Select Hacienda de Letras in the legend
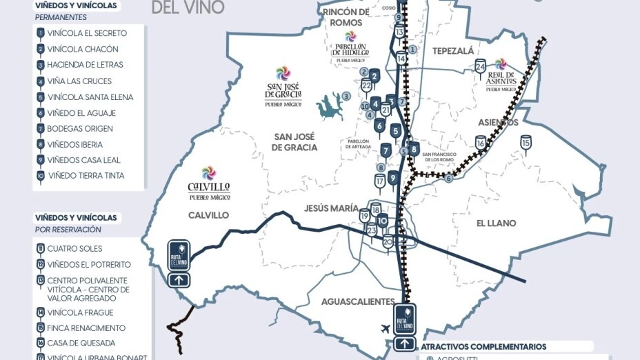(85, 65)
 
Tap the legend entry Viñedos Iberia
(74, 145)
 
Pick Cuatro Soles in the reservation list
(74, 249)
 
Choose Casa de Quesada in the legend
(81, 343)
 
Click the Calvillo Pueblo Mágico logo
(209, 183)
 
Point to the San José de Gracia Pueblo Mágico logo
(283, 87)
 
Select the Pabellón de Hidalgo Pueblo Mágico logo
(350, 46)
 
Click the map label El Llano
(496, 223)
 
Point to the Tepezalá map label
(452, 51)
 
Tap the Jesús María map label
(330, 208)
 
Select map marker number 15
(526, 143)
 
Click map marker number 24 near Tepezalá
(480, 67)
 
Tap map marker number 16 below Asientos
(481, 143)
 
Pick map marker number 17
(380, 181)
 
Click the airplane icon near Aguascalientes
(384, 329)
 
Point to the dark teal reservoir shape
(330, 106)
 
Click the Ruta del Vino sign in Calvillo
(179, 261)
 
